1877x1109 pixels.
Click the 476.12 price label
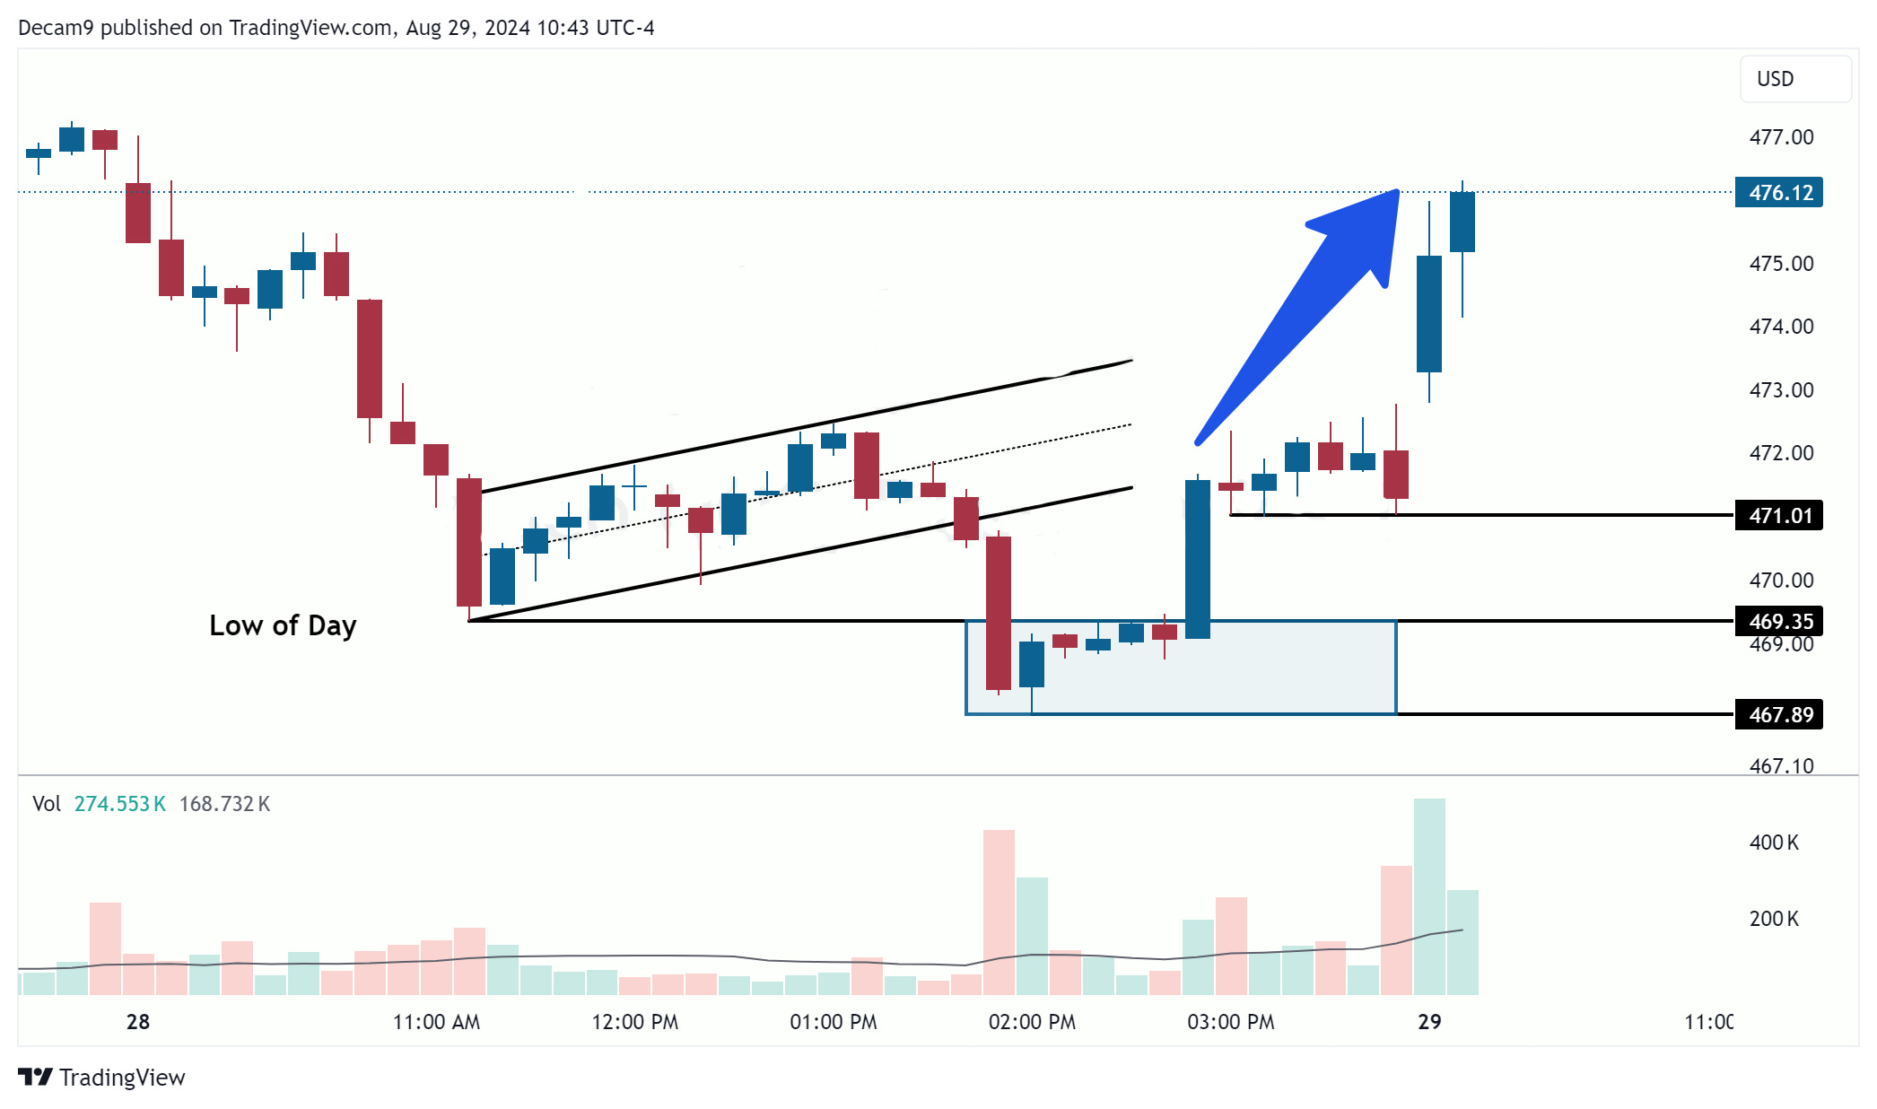pyautogui.click(x=1779, y=193)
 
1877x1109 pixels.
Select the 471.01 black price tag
pyautogui.click(x=1779, y=516)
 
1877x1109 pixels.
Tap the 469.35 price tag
pyautogui.click(x=1779, y=621)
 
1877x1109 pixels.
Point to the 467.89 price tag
pyautogui.click(x=1779, y=714)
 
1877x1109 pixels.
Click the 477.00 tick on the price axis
pyautogui.click(x=1781, y=137)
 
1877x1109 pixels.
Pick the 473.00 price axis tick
pyautogui.click(x=1781, y=390)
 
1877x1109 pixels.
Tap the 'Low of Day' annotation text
pyautogui.click(x=283, y=625)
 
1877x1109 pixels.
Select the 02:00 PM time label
pyautogui.click(x=1032, y=1022)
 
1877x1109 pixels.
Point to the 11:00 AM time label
pyautogui.click(x=436, y=1022)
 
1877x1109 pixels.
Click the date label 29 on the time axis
pyautogui.click(x=1429, y=1022)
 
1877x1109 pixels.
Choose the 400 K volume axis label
pyautogui.click(x=1774, y=843)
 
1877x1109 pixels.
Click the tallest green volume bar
pyautogui.click(x=1429, y=897)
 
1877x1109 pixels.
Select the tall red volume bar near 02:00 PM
pyautogui.click(x=999, y=913)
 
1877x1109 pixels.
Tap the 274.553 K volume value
pyautogui.click(x=119, y=804)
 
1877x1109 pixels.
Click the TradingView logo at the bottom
pyautogui.click(x=101, y=1077)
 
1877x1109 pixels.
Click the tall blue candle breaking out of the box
pyautogui.click(x=1198, y=559)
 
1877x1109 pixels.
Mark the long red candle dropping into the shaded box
pyautogui.click(x=999, y=613)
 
